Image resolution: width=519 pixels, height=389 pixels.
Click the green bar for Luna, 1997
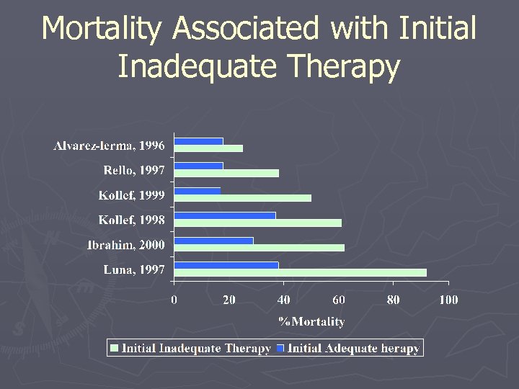pos(301,272)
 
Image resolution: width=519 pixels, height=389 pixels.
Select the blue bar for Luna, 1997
pos(226,265)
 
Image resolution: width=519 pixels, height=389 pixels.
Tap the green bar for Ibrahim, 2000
pos(259,248)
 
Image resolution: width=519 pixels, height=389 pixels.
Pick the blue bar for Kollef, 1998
pos(225,215)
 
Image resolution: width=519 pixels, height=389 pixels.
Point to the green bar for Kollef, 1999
pos(243,198)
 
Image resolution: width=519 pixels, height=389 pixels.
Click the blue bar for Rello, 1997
pos(199,166)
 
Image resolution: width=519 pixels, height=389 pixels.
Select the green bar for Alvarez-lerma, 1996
pos(209,148)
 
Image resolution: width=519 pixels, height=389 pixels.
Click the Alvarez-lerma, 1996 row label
pos(109,146)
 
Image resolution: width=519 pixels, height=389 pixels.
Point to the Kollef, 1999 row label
pos(132,196)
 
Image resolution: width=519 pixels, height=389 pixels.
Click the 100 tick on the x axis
pos(448,300)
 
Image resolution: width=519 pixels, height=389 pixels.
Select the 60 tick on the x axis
pos(339,300)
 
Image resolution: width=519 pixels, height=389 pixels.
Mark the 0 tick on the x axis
pos(174,300)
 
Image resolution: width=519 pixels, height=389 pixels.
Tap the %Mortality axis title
pos(311,321)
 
